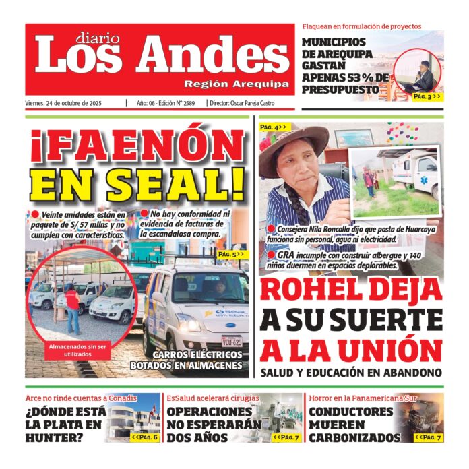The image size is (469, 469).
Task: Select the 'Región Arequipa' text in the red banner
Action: pyautogui.click(x=237, y=84)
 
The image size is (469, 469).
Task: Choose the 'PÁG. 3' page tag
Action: pyautogui.click(x=427, y=97)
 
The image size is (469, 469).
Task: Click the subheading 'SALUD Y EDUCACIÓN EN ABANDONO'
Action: pyautogui.click(x=350, y=372)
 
